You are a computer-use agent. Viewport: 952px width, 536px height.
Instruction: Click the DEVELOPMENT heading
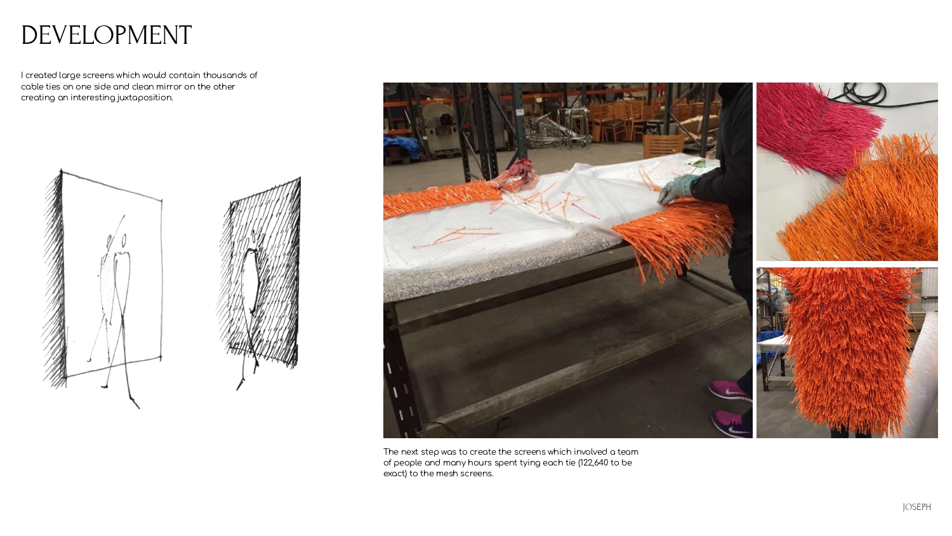(x=106, y=35)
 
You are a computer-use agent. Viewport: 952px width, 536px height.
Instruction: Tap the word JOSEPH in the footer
(x=916, y=507)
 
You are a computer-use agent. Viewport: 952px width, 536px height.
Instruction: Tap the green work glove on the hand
(x=677, y=189)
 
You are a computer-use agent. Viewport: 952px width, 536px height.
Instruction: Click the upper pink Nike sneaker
(x=729, y=390)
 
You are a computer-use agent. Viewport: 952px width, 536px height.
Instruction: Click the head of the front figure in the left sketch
(x=124, y=241)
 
